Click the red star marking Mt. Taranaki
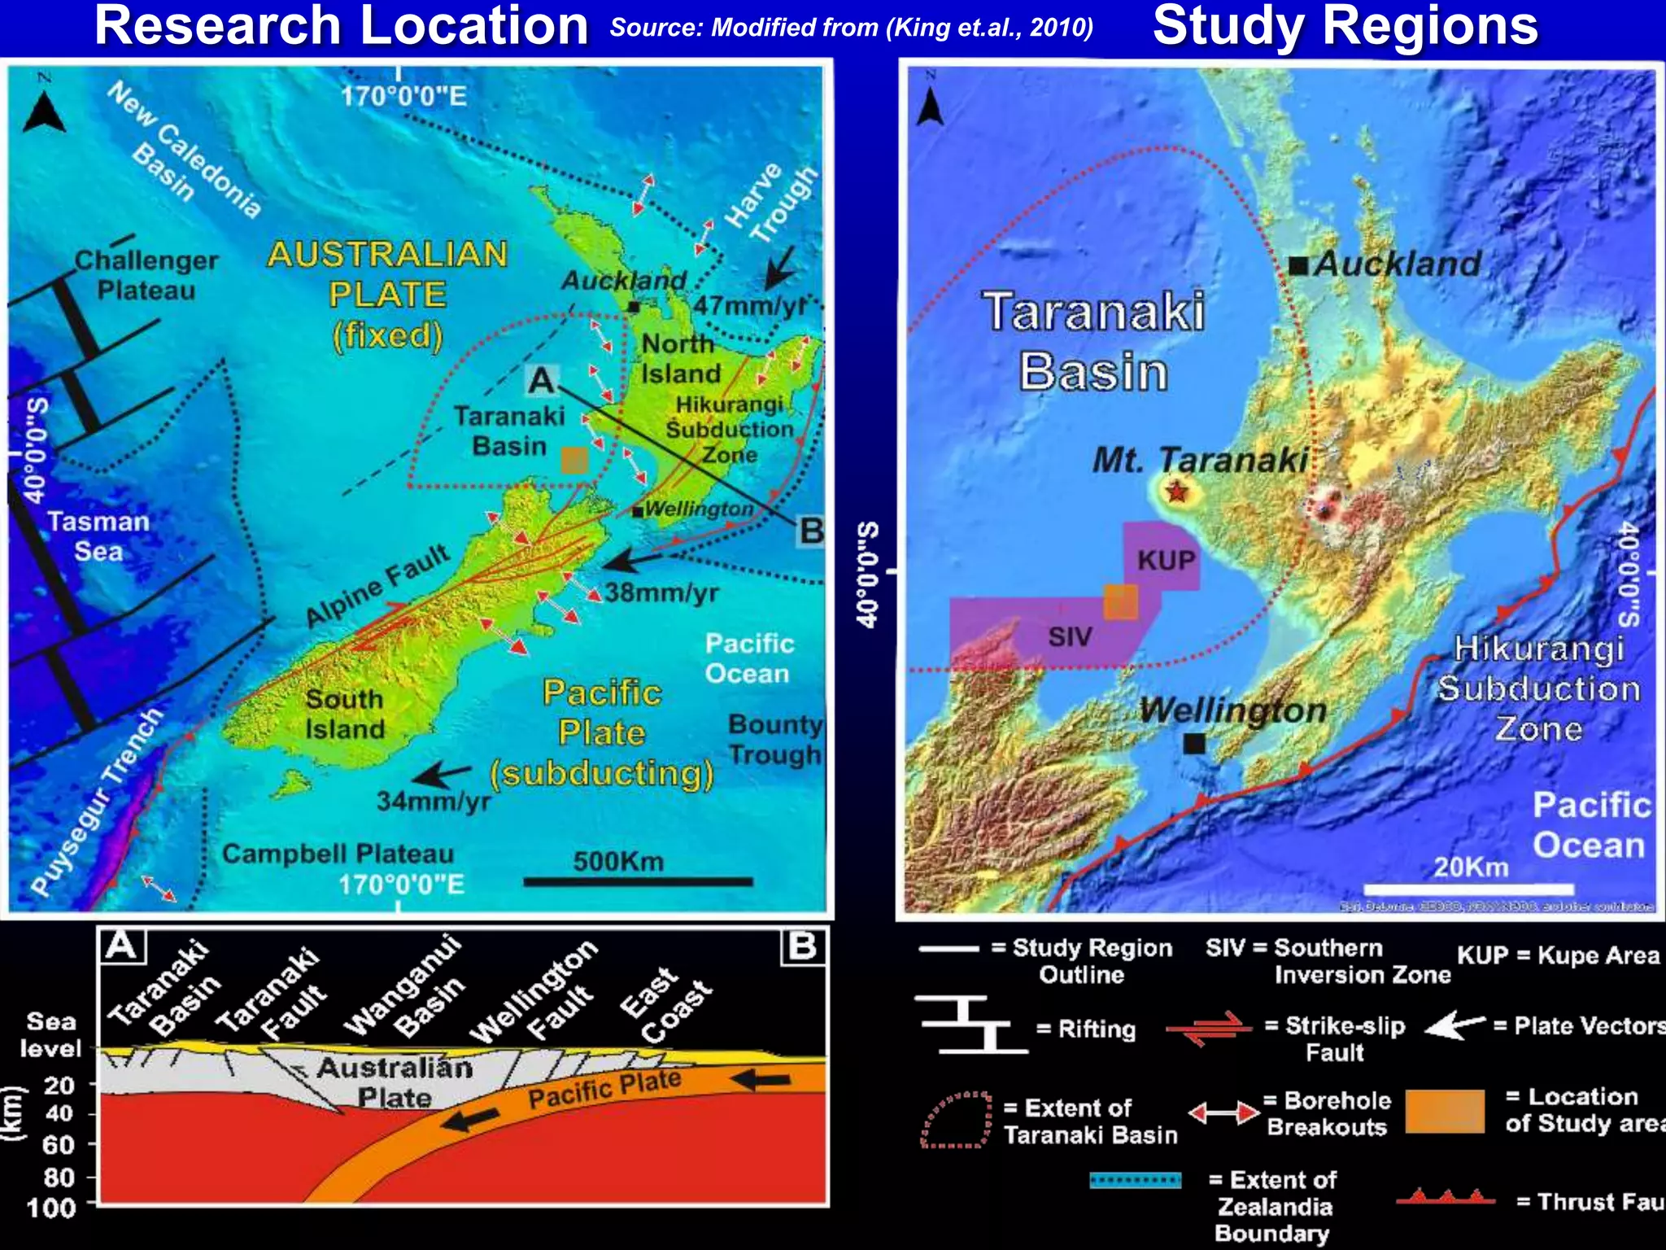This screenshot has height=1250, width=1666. (x=1176, y=492)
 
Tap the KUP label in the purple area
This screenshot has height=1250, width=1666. (x=1166, y=560)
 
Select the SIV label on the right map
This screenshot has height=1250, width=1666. (x=1069, y=636)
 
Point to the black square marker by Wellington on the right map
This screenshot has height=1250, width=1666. (x=1194, y=743)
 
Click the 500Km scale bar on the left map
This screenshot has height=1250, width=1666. (x=638, y=881)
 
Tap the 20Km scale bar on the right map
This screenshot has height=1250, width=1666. (x=1468, y=888)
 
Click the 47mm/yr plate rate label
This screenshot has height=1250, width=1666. (x=749, y=306)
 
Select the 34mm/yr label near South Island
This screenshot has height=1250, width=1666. (x=433, y=802)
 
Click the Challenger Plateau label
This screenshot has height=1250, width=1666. (x=146, y=275)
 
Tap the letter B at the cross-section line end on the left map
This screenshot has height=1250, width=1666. (x=811, y=531)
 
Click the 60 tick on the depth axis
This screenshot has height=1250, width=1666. (x=59, y=1145)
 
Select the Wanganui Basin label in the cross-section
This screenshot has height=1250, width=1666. (x=403, y=987)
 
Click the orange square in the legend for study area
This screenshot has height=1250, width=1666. (x=1445, y=1111)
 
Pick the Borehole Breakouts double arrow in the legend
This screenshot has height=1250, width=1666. (x=1223, y=1112)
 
